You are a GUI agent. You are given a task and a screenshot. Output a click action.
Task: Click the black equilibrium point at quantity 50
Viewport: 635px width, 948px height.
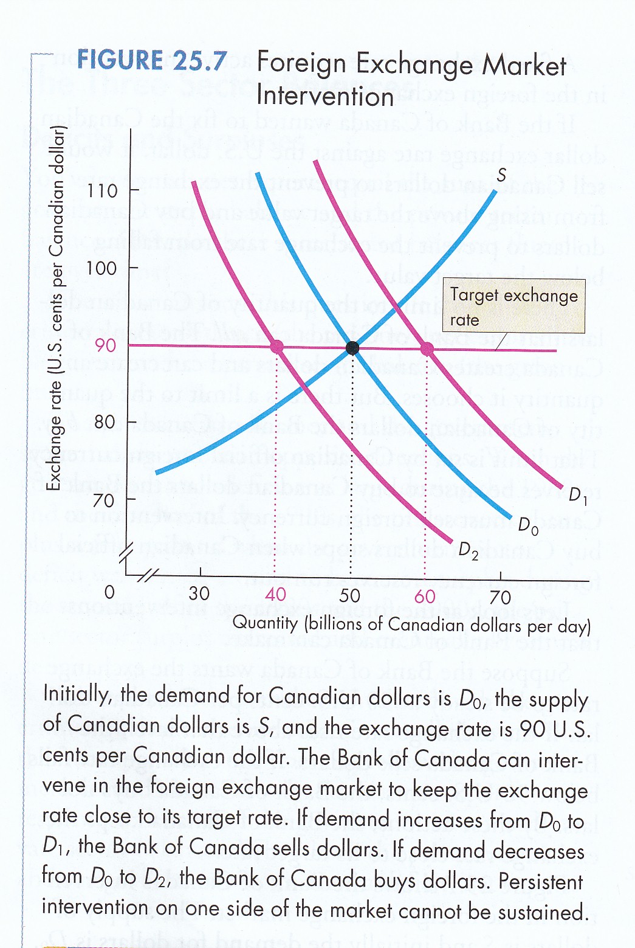(352, 348)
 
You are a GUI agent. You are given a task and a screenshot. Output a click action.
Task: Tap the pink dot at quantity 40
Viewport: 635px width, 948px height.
(276, 347)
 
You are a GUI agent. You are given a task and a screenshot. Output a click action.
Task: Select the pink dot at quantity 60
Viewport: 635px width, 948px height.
(427, 348)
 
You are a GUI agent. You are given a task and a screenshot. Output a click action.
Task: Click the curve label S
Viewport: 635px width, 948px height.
(501, 175)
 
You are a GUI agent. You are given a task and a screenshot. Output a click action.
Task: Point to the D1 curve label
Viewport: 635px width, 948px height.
(577, 495)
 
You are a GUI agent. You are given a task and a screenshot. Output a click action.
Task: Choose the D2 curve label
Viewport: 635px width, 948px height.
(468, 551)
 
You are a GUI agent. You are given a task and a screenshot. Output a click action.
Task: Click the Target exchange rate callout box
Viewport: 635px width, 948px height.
(513, 306)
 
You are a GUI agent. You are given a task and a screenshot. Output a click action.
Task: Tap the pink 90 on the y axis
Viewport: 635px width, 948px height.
(105, 345)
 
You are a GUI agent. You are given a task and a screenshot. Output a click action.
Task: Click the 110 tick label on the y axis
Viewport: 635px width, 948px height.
(102, 191)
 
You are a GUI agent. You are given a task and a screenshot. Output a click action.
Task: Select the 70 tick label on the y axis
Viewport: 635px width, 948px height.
(104, 500)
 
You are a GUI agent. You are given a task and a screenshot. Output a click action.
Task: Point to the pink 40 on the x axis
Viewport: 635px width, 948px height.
(275, 595)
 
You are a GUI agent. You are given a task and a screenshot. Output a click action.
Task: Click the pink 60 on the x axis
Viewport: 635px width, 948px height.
(425, 597)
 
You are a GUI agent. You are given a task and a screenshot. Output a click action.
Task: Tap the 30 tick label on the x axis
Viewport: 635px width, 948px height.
(199, 593)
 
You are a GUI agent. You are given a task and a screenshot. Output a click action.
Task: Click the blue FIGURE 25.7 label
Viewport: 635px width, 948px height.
(152, 61)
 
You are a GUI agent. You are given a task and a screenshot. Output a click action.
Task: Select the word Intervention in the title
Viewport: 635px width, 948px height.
(325, 97)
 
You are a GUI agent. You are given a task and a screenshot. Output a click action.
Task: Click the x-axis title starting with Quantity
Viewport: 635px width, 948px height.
(411, 624)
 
